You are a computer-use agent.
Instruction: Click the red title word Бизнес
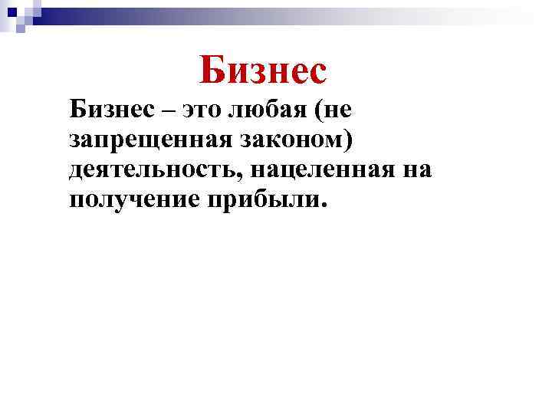click(x=263, y=70)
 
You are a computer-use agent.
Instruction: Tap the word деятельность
click(x=156, y=169)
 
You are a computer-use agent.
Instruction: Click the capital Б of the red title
click(x=213, y=70)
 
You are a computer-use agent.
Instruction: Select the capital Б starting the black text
click(x=77, y=110)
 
